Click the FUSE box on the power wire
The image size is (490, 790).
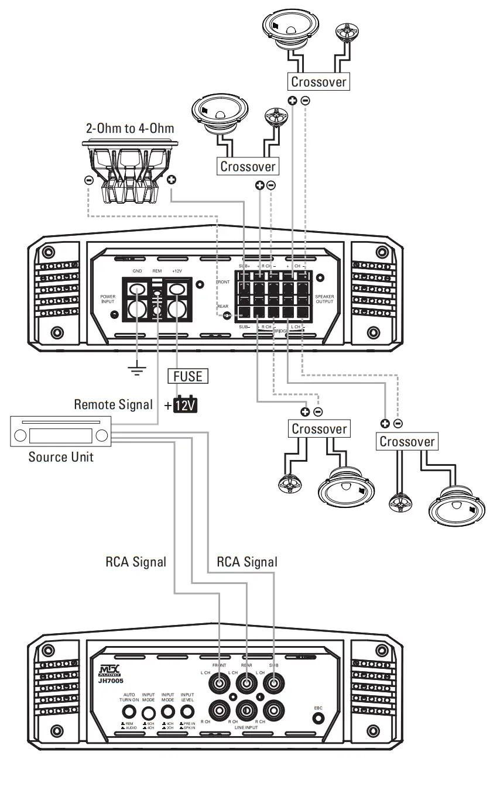(x=188, y=376)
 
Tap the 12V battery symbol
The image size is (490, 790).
(x=187, y=405)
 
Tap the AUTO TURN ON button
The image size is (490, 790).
(x=129, y=712)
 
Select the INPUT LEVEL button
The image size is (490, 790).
(x=187, y=712)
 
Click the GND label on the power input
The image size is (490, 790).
(x=137, y=272)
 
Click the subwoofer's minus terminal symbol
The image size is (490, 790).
(x=88, y=180)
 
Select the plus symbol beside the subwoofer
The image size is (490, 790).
(x=172, y=180)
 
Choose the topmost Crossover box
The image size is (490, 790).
(x=318, y=82)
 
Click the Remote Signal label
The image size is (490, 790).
(x=113, y=404)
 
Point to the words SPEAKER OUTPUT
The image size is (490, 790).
(x=324, y=299)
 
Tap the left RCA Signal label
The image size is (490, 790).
(x=136, y=562)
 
